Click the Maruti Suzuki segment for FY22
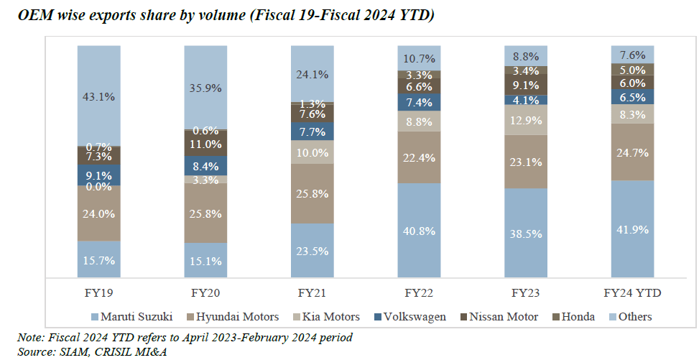[x=420, y=230]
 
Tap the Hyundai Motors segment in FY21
[x=313, y=193]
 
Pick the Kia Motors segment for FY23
[x=526, y=120]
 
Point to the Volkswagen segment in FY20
[x=206, y=166]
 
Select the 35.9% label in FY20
[x=206, y=87]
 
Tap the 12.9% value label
[x=526, y=120]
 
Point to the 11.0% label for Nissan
[x=206, y=144]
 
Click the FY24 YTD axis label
[x=632, y=293]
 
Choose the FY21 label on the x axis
[x=313, y=293]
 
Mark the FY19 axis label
[x=99, y=293]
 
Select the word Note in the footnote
[x=31, y=337]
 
